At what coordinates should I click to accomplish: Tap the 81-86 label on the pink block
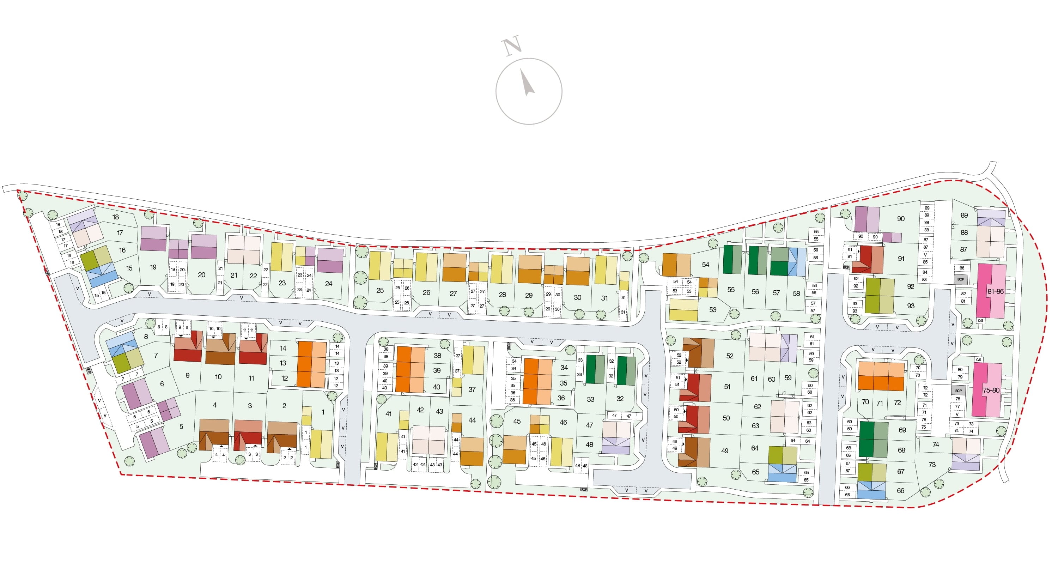point(996,291)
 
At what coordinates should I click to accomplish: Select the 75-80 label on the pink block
point(991,390)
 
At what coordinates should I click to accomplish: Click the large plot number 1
point(323,412)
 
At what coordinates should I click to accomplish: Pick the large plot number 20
point(201,275)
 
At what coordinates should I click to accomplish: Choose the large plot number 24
point(329,284)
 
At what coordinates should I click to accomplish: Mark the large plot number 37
point(472,389)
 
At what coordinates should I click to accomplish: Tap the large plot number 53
point(713,309)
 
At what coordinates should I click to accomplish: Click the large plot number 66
point(900,491)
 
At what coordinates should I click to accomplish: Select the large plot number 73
point(932,464)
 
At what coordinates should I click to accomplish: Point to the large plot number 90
point(901,219)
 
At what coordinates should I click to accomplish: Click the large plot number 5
point(181,426)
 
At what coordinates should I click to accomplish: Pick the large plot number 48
point(589,444)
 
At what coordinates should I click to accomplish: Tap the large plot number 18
point(115,217)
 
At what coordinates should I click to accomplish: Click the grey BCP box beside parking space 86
point(961,279)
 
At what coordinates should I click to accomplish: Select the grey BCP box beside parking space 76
point(958,391)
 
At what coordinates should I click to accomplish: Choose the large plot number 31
point(604,298)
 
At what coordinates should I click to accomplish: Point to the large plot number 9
point(187,375)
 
